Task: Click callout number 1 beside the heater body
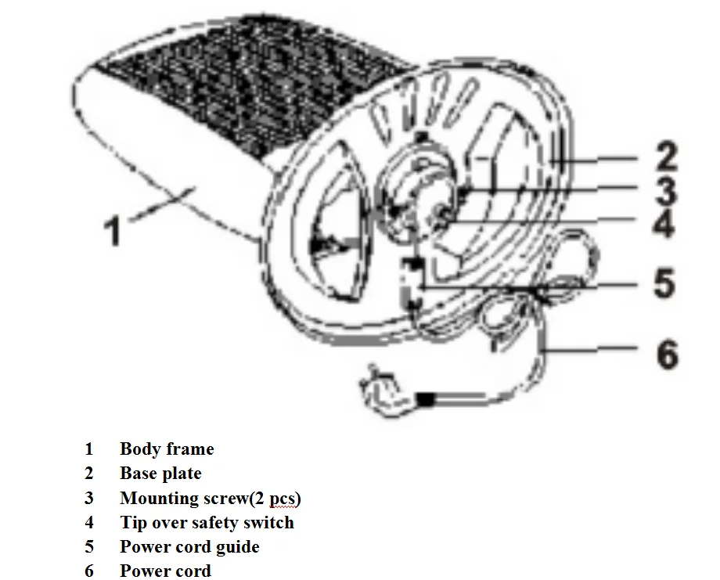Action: click(x=114, y=231)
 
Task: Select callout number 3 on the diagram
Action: click(x=664, y=191)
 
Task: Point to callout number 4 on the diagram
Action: click(x=664, y=224)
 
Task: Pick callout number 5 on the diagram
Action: click(x=664, y=283)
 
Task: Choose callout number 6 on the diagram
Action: click(x=665, y=355)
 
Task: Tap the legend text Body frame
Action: click(x=167, y=449)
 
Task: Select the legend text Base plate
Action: click(x=160, y=474)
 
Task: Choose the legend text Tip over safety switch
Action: click(x=207, y=523)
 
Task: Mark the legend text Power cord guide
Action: click(x=189, y=546)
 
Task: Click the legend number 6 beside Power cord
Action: click(x=89, y=571)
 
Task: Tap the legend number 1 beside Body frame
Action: click(x=89, y=449)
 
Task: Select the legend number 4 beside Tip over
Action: click(x=89, y=523)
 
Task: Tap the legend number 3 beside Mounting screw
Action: click(x=89, y=499)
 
